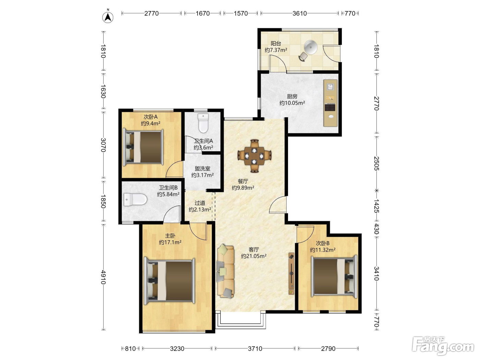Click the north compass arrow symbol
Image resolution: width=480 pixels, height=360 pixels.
[x=108, y=16]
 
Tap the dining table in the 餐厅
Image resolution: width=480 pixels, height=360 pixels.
[x=254, y=156]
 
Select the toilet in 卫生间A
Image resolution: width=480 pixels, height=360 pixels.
[x=203, y=123]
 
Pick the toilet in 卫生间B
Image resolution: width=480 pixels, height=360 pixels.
[x=135, y=199]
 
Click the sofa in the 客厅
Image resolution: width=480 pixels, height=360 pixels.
[x=226, y=272]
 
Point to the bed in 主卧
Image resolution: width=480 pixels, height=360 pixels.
[x=169, y=281]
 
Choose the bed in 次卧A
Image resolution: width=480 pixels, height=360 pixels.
[x=143, y=147]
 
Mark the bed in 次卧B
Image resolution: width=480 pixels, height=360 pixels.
[x=334, y=276]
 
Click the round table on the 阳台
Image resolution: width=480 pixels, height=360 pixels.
[x=311, y=47]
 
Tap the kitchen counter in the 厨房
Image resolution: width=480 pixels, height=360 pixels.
[x=331, y=103]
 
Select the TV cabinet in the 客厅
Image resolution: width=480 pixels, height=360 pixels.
[x=291, y=274]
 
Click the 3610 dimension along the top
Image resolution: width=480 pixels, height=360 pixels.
[x=300, y=13]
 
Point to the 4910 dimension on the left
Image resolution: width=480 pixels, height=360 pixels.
[x=104, y=277]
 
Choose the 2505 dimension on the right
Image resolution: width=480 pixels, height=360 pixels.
[x=376, y=163]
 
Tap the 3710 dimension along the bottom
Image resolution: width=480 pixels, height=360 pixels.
[x=255, y=348]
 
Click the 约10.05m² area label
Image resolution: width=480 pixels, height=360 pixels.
[x=292, y=103]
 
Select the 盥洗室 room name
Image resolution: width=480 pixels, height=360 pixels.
[x=203, y=169]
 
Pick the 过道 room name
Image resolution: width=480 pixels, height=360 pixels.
[x=200, y=203]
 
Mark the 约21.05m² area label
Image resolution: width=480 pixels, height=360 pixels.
[x=254, y=256]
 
